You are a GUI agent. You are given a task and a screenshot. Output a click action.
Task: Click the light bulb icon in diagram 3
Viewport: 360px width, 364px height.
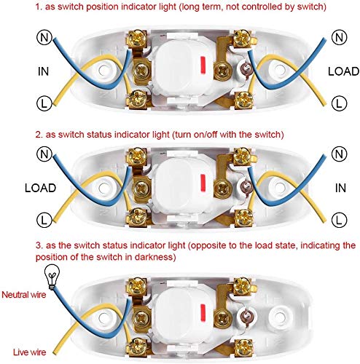click(x=52, y=277)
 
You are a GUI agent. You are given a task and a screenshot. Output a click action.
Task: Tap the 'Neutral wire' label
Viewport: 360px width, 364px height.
click(x=24, y=295)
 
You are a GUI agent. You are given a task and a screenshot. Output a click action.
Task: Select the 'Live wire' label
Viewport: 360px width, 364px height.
click(x=29, y=352)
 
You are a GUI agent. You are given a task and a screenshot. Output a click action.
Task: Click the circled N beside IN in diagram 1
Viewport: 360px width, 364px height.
click(x=44, y=37)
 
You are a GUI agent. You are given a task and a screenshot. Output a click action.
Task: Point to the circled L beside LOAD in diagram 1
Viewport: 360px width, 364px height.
click(x=339, y=103)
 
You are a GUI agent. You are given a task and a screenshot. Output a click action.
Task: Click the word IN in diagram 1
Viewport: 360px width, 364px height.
click(x=44, y=71)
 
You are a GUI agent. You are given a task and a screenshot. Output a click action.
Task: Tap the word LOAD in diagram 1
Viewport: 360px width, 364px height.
click(x=343, y=71)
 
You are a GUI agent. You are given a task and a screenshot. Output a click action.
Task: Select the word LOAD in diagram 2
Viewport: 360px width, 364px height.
click(x=41, y=188)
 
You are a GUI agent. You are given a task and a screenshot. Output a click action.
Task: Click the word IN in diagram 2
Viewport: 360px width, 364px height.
click(x=340, y=188)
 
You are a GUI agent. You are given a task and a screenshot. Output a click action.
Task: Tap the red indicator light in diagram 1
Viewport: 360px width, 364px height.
click(x=203, y=65)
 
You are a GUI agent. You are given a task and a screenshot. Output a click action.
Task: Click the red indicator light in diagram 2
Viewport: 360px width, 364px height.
click(x=203, y=182)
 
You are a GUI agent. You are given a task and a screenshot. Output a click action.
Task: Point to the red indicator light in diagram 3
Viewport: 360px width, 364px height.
click(x=203, y=312)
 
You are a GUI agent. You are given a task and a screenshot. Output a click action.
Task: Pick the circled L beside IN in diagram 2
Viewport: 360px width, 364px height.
click(x=339, y=220)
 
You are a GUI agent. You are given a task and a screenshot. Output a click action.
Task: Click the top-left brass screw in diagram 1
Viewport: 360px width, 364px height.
click(x=138, y=38)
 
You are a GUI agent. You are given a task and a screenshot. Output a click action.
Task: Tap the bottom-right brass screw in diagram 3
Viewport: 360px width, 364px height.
click(x=243, y=348)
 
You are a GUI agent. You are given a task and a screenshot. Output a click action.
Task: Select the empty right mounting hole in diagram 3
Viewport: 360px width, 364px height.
click(x=280, y=316)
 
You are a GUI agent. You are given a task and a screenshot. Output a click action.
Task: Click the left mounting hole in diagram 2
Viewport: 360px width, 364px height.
click(x=104, y=188)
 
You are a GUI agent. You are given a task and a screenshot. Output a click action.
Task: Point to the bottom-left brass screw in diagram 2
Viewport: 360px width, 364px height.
click(x=138, y=216)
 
